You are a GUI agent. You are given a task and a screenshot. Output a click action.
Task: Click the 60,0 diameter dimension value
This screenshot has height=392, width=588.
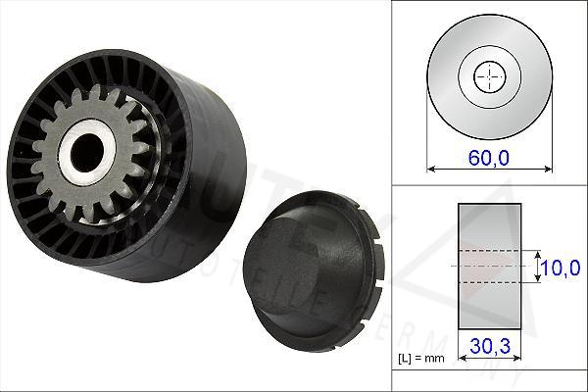click(x=487, y=158)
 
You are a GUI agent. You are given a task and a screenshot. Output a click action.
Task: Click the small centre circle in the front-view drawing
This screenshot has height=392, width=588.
click(x=487, y=76)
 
